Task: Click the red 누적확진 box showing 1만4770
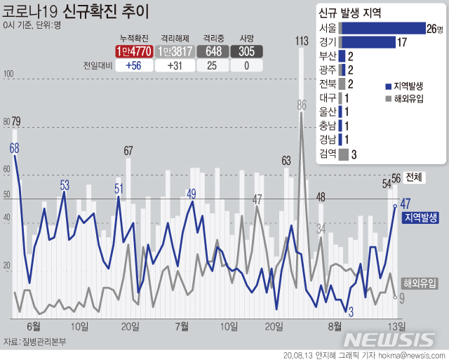[134, 51]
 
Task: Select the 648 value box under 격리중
[211, 51]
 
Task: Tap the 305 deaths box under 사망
[246, 51]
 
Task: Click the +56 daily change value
[134, 65]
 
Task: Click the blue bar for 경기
[368, 42]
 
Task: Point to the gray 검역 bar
[344, 154]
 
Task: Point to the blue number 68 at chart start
[14, 148]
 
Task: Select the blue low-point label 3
[351, 311]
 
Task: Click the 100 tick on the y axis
[9, 74]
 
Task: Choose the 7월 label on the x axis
[182, 325]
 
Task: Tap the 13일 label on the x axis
[397, 325]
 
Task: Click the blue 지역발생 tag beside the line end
[421, 218]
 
